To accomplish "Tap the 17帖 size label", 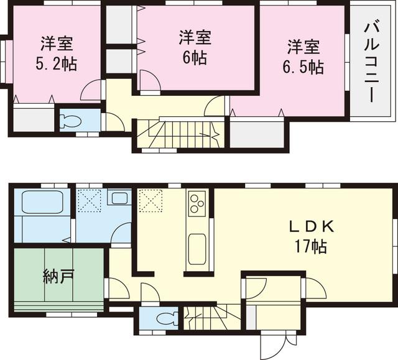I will coord(311,246).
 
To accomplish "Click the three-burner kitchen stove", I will coord(197,203).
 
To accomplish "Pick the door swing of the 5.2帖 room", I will coord(91,91).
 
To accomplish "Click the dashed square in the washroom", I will coord(90,201).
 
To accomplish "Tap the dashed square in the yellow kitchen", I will coord(151,200).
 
